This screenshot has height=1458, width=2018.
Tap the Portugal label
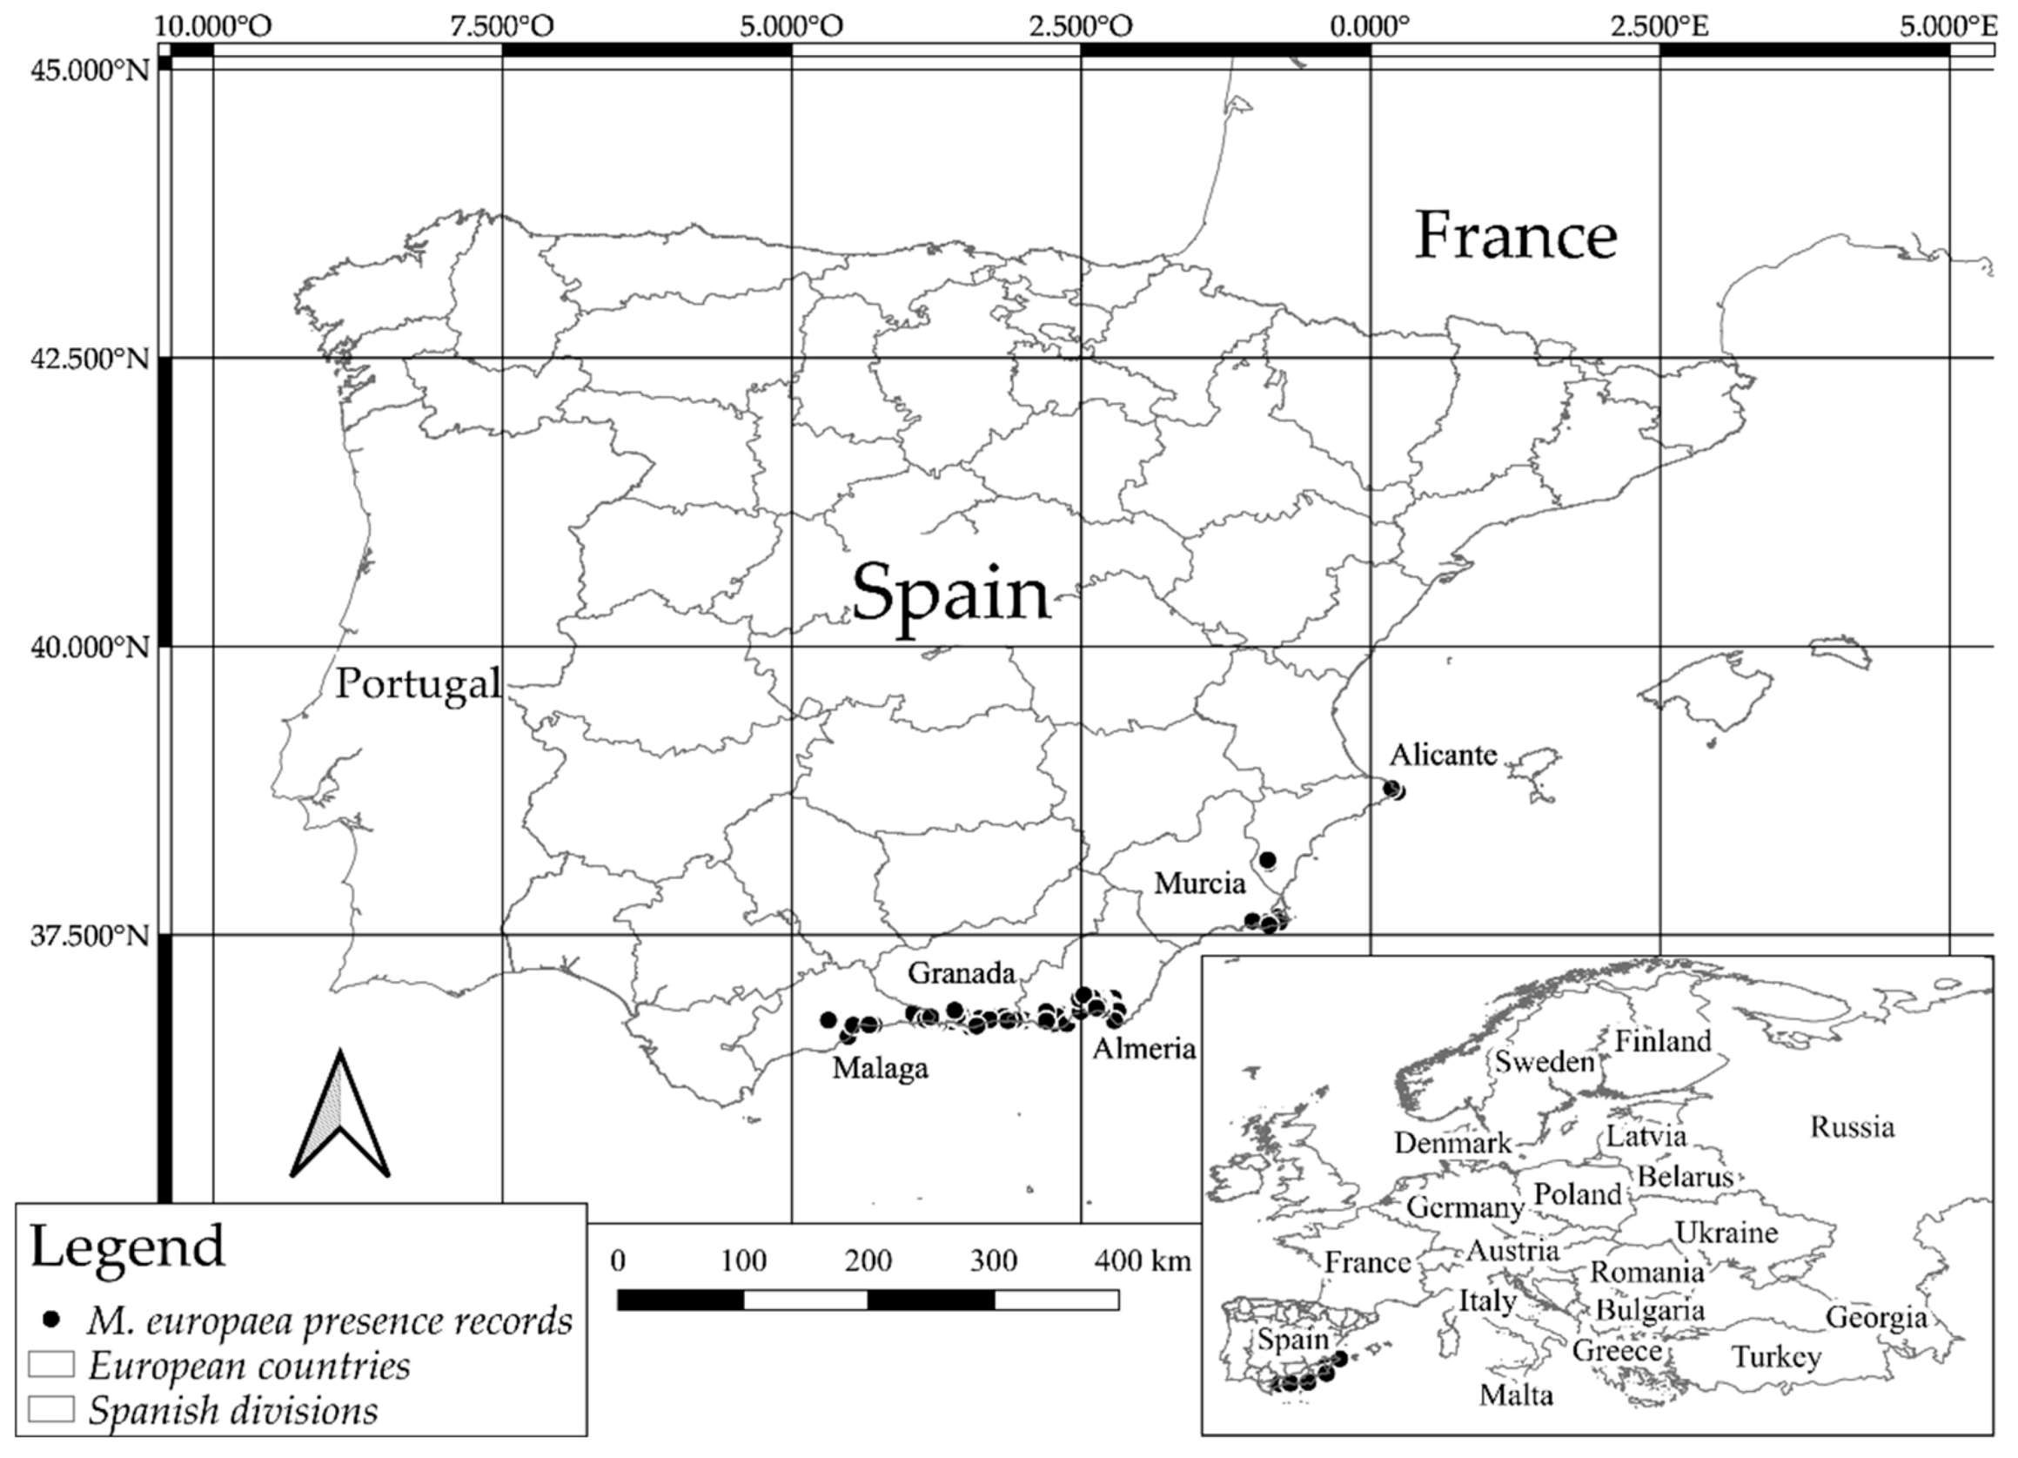(x=419, y=684)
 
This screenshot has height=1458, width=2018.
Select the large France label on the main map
(x=1515, y=236)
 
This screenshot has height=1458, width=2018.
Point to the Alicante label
(x=1443, y=755)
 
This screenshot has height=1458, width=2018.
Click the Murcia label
(x=1199, y=883)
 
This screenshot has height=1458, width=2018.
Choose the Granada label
(x=961, y=973)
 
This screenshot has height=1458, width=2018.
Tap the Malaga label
(x=880, y=1067)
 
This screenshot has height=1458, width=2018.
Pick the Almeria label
(x=1143, y=1049)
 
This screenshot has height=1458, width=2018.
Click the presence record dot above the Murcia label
(x=1268, y=860)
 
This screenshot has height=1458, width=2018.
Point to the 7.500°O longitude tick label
(x=501, y=27)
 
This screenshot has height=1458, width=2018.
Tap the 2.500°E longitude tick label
(x=1659, y=27)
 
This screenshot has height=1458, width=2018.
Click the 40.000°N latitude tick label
(x=90, y=647)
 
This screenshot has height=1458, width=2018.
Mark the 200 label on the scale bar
(x=868, y=1260)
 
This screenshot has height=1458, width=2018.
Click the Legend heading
(x=127, y=1246)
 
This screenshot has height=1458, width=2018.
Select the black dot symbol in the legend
(x=53, y=1319)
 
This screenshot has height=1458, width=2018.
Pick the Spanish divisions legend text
(x=233, y=1410)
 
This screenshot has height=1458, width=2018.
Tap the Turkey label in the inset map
(x=1776, y=1357)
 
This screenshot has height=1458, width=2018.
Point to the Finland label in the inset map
(x=1662, y=1040)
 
